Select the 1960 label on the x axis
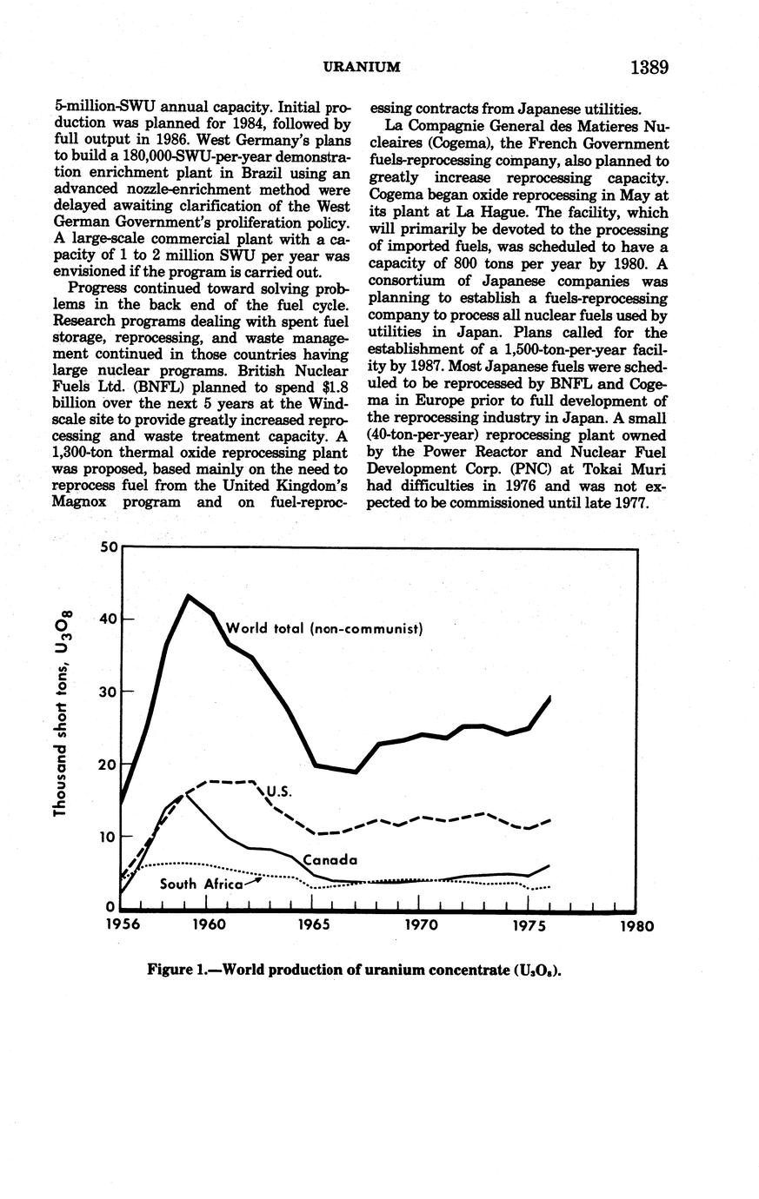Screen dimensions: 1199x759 209,925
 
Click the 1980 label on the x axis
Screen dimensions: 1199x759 636,925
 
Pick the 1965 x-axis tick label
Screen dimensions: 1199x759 314,925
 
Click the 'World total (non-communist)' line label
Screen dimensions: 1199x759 323,627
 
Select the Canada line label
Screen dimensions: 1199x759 330,860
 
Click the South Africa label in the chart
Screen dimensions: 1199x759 201,884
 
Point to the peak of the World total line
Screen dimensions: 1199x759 188,596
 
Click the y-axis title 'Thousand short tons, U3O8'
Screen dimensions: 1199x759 60,712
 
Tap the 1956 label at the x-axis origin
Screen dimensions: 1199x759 123,925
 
